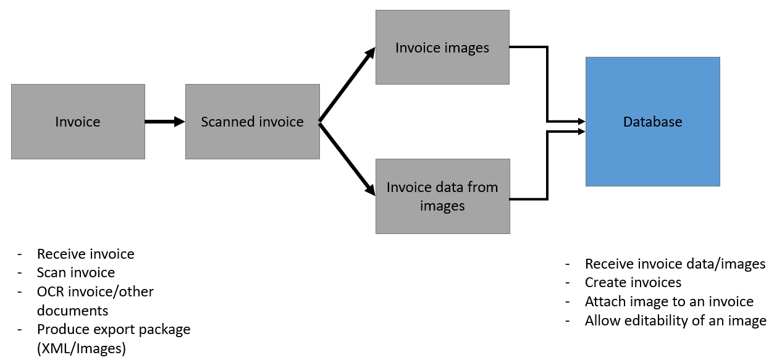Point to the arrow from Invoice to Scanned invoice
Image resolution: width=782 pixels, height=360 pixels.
coord(164,122)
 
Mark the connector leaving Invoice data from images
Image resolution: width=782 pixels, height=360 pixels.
coord(547,167)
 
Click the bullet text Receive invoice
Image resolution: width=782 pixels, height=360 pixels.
coord(85,254)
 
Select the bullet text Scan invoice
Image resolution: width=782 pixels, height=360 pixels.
coord(76,272)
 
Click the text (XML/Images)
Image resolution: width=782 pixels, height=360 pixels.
coord(82,348)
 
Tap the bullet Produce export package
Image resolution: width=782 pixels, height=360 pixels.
coord(114,329)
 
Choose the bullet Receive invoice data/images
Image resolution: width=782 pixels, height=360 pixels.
coord(675,264)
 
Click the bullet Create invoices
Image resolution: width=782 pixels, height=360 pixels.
coord(633,282)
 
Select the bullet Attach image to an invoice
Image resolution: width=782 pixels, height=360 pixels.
coord(669,301)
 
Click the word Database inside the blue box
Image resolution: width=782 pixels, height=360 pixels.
coord(652,122)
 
